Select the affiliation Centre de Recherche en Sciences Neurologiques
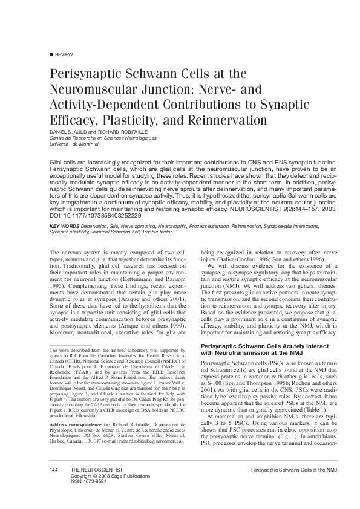tap(94, 138)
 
